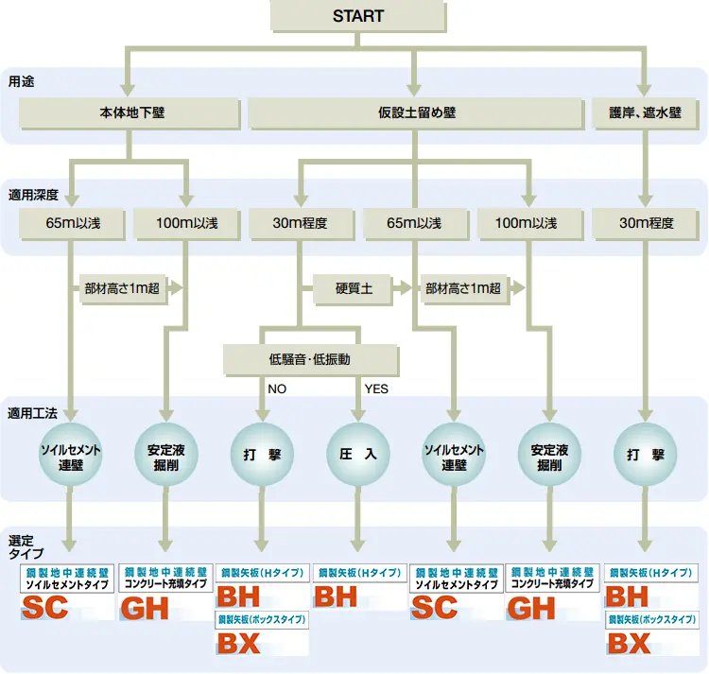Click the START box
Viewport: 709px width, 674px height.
[358, 16]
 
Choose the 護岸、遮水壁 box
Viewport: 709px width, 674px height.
[646, 112]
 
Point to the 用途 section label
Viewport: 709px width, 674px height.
[21, 81]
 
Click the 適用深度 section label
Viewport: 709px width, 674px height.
[33, 195]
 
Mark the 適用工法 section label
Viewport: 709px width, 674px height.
[33, 413]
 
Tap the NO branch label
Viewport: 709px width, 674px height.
[277, 389]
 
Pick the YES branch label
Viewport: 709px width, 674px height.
[376, 389]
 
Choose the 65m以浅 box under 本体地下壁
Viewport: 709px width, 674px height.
[73, 223]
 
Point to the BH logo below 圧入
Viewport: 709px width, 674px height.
[337, 597]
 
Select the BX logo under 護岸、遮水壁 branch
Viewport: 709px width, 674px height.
[630, 644]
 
